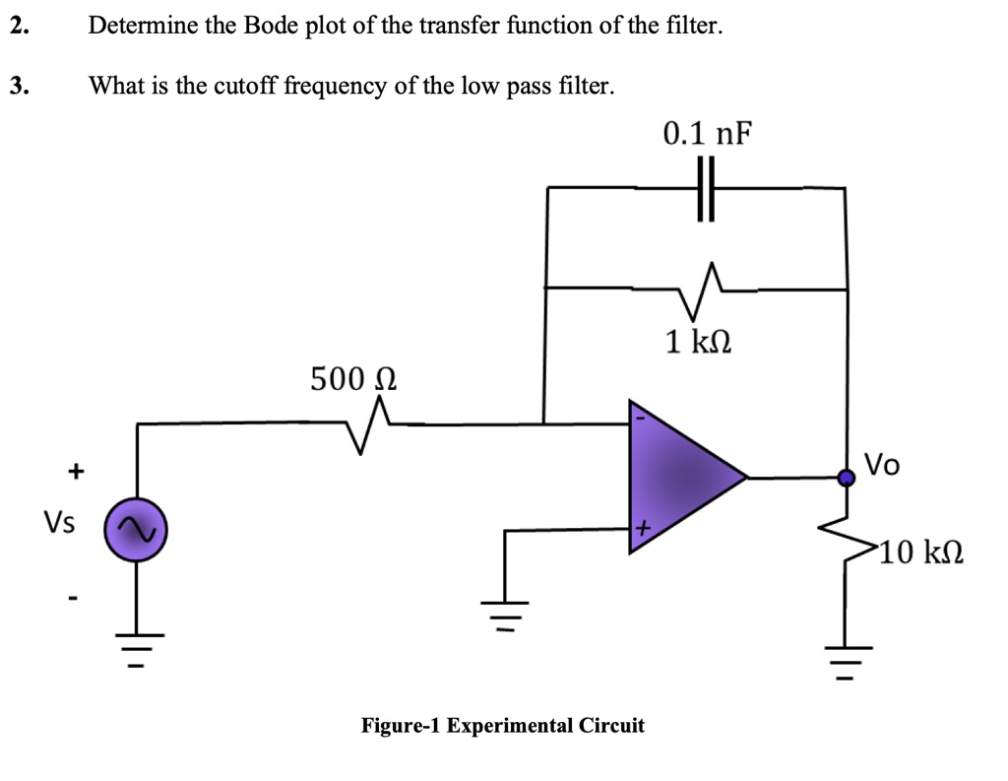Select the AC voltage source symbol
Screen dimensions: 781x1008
pyautogui.click(x=136, y=530)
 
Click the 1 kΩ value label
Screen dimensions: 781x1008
pyautogui.click(x=699, y=342)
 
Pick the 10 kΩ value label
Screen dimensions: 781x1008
pyautogui.click(x=920, y=553)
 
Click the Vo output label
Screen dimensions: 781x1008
pyautogui.click(x=881, y=463)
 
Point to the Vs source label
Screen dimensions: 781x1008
pyautogui.click(x=58, y=522)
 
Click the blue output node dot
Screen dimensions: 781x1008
pyautogui.click(x=845, y=478)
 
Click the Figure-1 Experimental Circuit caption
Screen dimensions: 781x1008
pyautogui.click(x=503, y=726)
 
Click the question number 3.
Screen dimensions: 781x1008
pyautogui.click(x=18, y=86)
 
